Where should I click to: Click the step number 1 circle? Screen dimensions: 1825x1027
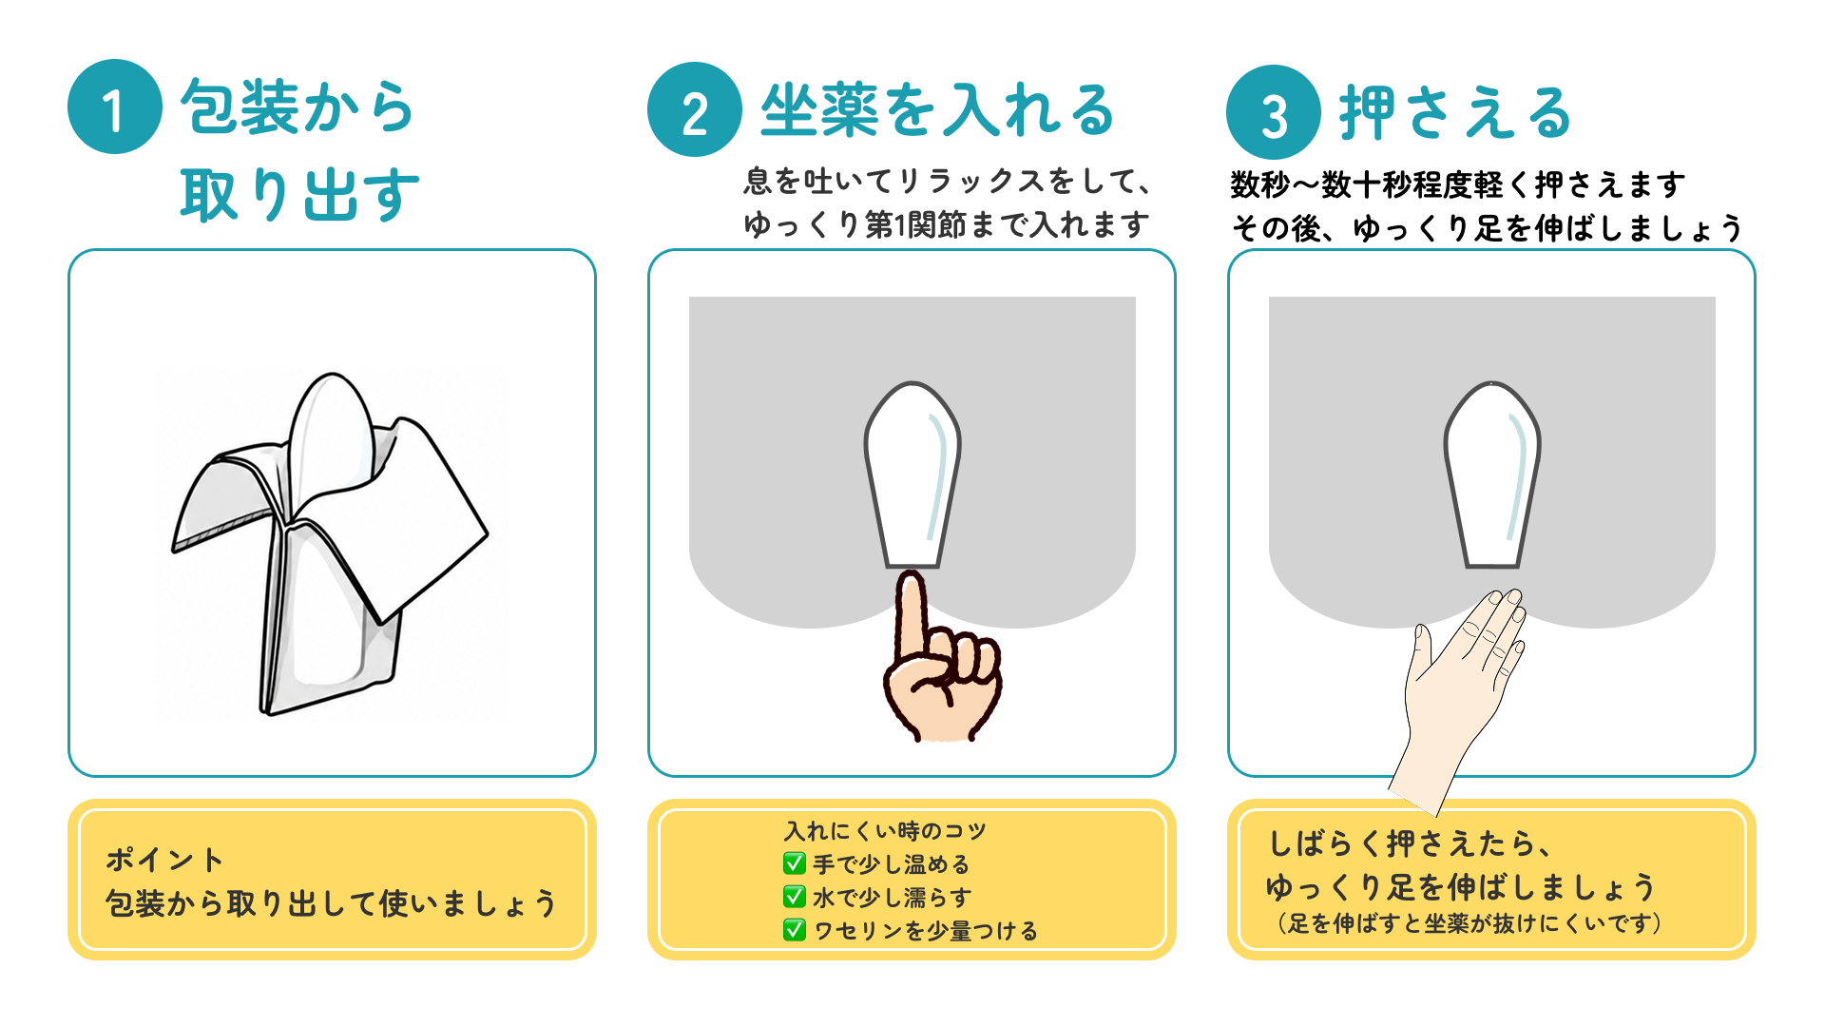pos(115,107)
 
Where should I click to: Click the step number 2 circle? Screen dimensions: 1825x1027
pos(695,109)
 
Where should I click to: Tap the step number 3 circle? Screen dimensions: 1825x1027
pos(1274,112)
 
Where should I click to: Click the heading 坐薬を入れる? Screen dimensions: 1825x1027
pos(937,109)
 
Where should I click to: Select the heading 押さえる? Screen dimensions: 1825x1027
pos(1455,113)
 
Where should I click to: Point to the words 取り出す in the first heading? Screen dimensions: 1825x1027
pos(299,195)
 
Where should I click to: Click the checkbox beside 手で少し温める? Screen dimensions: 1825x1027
pos(794,863)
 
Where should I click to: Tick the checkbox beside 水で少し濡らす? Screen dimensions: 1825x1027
pos(794,897)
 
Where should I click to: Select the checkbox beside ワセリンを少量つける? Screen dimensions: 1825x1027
pos(794,930)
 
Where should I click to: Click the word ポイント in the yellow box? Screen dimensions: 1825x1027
pos(164,860)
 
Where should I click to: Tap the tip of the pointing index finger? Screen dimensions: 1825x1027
pos(912,574)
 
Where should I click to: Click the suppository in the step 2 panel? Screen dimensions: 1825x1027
pos(912,475)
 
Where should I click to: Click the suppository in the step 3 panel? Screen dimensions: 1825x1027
pos(1492,475)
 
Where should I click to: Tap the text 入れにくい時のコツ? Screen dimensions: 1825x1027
pos(885,831)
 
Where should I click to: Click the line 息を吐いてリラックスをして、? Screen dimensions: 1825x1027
pos(948,180)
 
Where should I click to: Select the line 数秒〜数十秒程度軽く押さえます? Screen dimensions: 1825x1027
pos(1458,184)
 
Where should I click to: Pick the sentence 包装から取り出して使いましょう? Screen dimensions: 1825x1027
pos(331,902)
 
